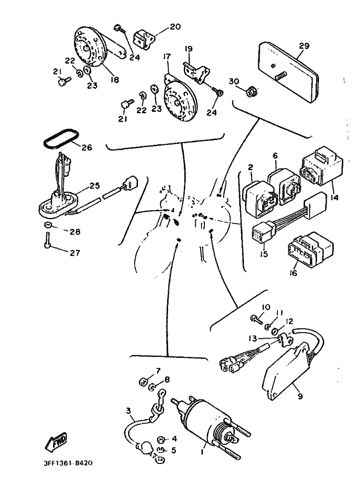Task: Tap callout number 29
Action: [304, 46]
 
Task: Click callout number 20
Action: [175, 27]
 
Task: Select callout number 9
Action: [300, 396]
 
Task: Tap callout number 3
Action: [128, 410]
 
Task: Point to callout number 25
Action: [95, 185]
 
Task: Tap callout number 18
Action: [115, 80]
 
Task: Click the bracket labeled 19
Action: [195, 72]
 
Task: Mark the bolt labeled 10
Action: [257, 319]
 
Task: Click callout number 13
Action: [253, 338]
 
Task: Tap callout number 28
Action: [75, 232]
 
